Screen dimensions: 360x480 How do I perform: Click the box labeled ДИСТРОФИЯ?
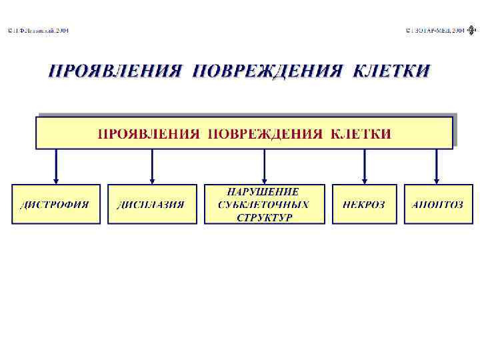tap(56, 204)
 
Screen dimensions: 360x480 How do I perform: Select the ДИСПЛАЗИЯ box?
tap(152, 204)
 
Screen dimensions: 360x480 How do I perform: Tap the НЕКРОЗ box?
tap(364, 204)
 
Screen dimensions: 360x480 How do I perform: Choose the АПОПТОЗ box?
tap(437, 204)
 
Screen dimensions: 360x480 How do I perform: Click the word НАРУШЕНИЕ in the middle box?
tap(264, 191)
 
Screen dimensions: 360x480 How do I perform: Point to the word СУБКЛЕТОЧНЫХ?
tap(264, 204)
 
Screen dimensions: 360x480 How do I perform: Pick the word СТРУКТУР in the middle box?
tap(264, 217)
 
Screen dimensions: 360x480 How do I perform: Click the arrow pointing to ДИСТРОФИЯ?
tap(56, 167)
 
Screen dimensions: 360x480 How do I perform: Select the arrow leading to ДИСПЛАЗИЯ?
tap(153, 167)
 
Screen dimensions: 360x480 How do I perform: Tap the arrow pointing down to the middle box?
tap(265, 167)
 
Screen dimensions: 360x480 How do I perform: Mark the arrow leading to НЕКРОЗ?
tap(365, 167)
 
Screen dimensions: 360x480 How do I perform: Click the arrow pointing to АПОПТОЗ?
tap(437, 167)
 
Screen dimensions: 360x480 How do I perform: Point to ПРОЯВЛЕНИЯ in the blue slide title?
tap(115, 71)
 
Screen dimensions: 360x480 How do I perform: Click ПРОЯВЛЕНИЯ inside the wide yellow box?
tap(149, 133)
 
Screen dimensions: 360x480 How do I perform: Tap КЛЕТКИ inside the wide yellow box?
tap(361, 133)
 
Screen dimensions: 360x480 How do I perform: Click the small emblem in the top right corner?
tap(472, 30)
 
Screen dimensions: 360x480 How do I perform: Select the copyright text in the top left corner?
tap(38, 31)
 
